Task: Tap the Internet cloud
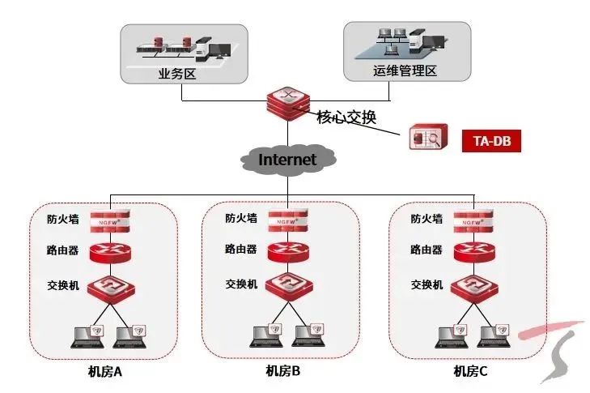287,159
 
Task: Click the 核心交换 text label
346,117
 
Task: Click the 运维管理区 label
405,71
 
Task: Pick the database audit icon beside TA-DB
427,139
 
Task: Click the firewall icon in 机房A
109,220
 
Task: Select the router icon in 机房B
288,252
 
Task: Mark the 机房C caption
470,372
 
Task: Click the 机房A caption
105,372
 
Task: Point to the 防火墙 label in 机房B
241,217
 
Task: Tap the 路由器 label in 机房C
426,250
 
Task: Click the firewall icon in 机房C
473,220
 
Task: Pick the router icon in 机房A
109,252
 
